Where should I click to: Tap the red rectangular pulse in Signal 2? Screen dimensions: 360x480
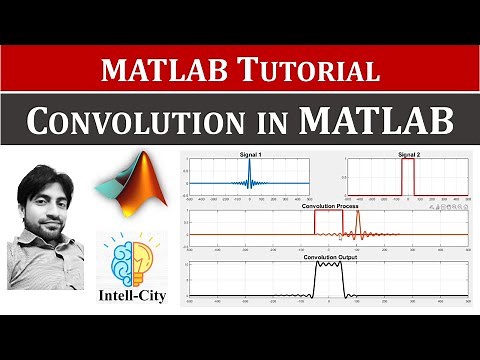[407, 180]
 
